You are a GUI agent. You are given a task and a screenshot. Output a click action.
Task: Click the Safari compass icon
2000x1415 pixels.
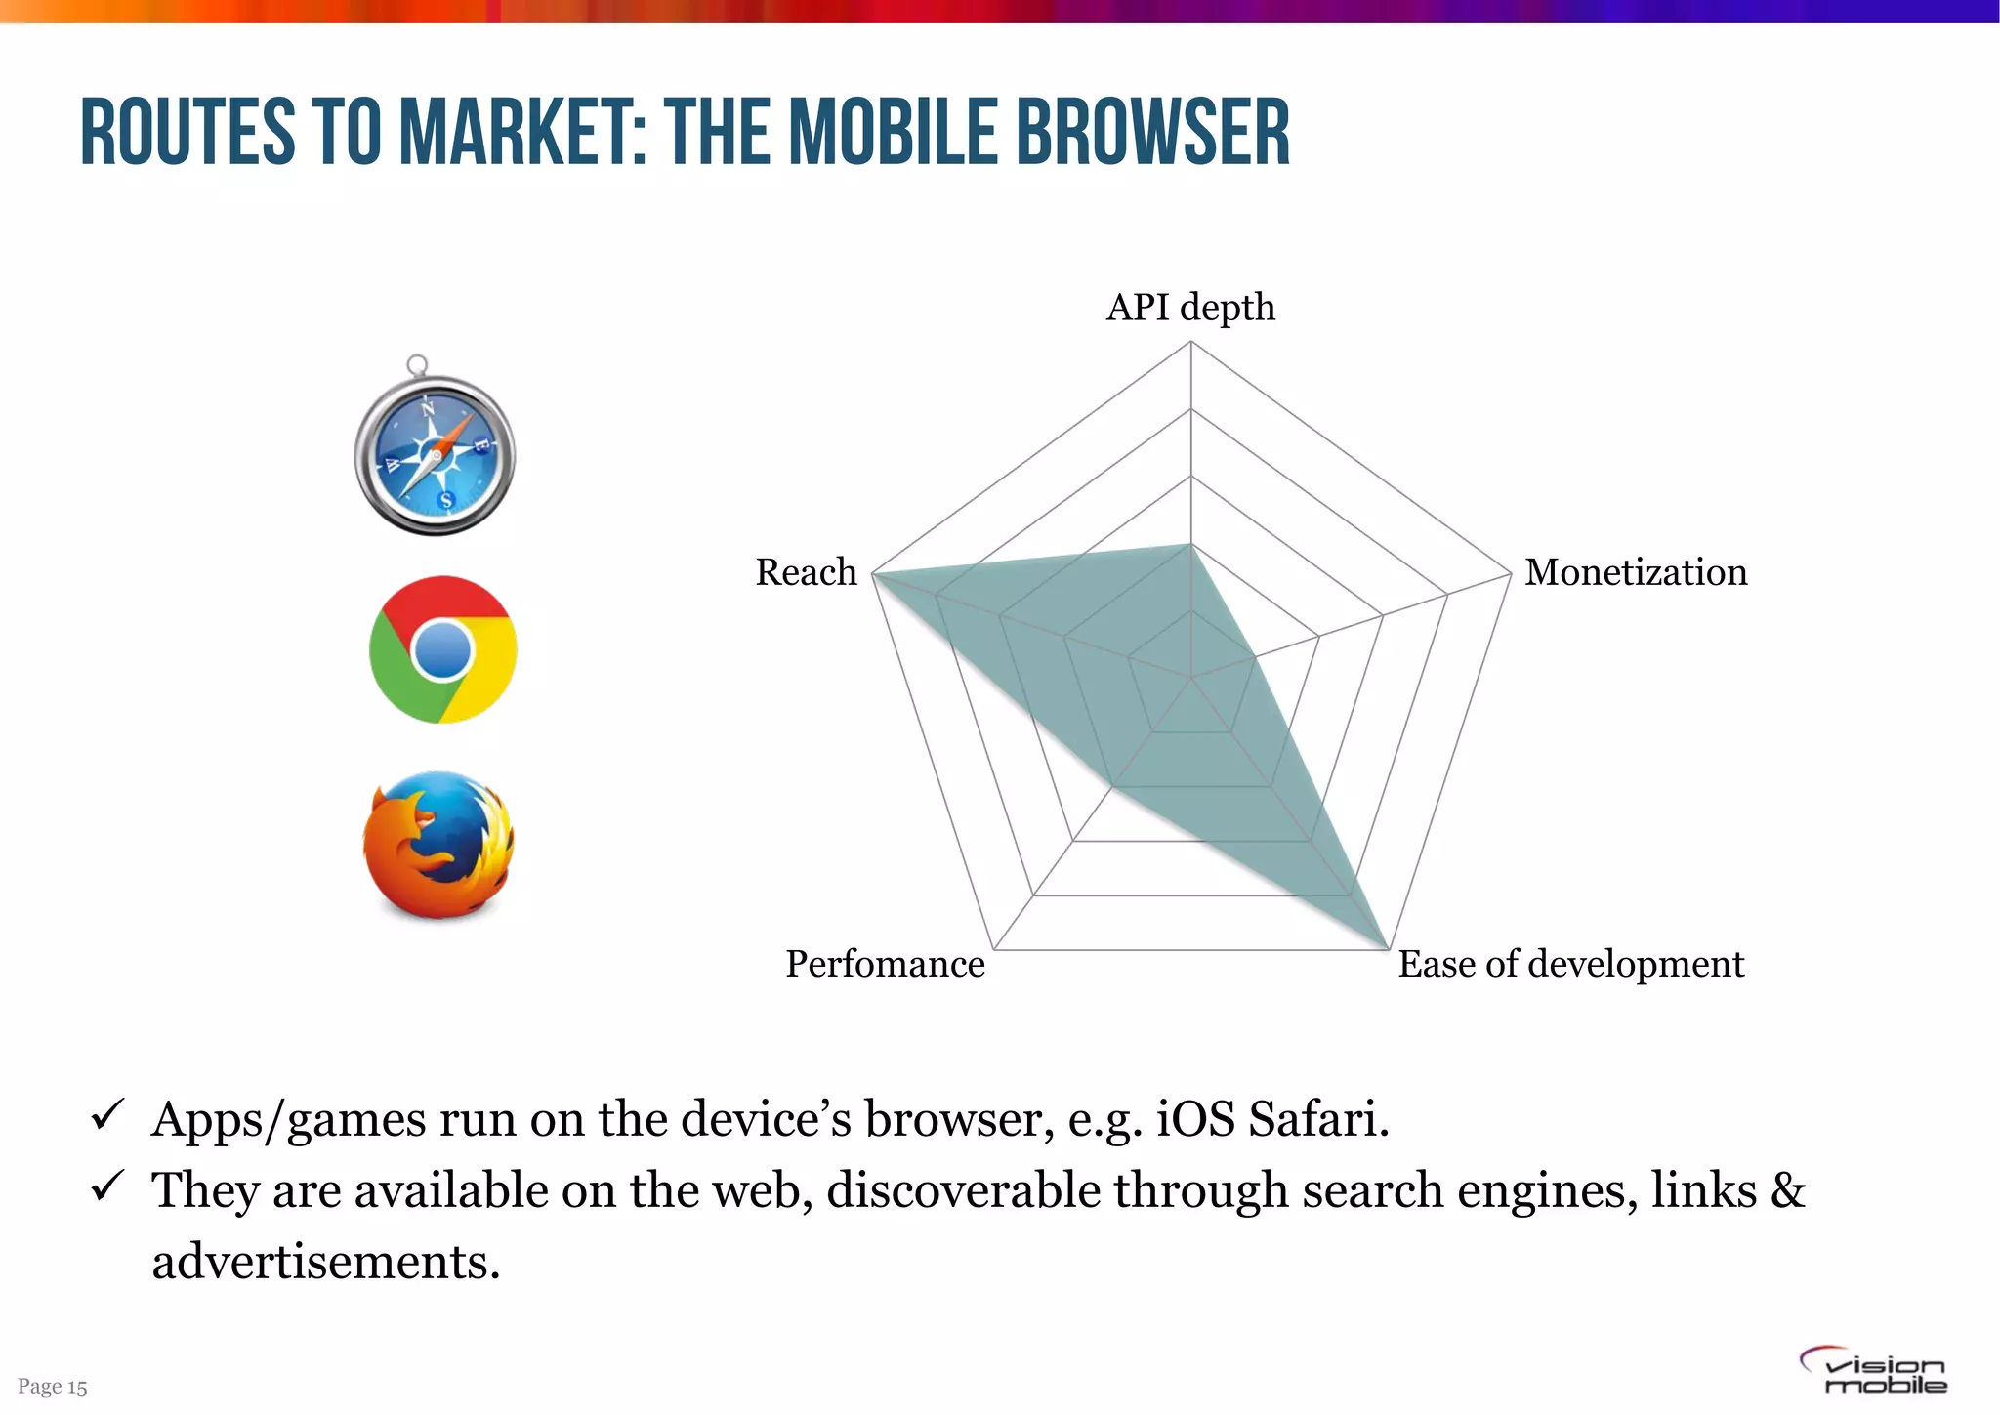[x=435, y=453]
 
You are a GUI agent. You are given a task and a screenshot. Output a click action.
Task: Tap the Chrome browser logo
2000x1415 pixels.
[x=442, y=649]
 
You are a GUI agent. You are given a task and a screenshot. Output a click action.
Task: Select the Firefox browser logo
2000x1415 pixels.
[x=438, y=846]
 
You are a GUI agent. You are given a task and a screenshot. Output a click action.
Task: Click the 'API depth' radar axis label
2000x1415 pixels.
[x=1190, y=307]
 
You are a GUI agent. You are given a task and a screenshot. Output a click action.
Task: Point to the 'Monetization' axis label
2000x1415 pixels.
[x=1636, y=572]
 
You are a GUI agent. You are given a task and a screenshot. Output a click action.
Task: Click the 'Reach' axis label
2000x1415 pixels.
[x=806, y=572]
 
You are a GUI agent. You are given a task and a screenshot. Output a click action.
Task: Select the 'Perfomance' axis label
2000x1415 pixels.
[x=885, y=964]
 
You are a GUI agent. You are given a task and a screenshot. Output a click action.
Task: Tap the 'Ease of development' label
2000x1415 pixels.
[x=1570, y=964]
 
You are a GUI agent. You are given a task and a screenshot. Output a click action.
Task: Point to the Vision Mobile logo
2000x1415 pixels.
[x=1874, y=1371]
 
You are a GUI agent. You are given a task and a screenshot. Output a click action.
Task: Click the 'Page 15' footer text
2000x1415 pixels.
[x=53, y=1387]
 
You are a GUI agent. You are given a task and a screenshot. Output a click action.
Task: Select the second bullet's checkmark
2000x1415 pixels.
[x=105, y=1186]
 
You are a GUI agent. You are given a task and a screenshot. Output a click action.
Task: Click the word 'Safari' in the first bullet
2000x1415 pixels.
[x=1318, y=1118]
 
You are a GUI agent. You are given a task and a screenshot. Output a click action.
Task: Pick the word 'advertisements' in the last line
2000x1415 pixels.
[x=325, y=1261]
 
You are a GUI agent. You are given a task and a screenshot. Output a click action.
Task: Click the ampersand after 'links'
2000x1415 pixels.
[x=1787, y=1190]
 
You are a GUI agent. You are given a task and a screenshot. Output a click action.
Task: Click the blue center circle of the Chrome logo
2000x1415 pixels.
[x=442, y=650]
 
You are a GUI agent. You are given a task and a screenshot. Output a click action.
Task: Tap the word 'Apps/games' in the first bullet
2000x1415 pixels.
[x=288, y=1120]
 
